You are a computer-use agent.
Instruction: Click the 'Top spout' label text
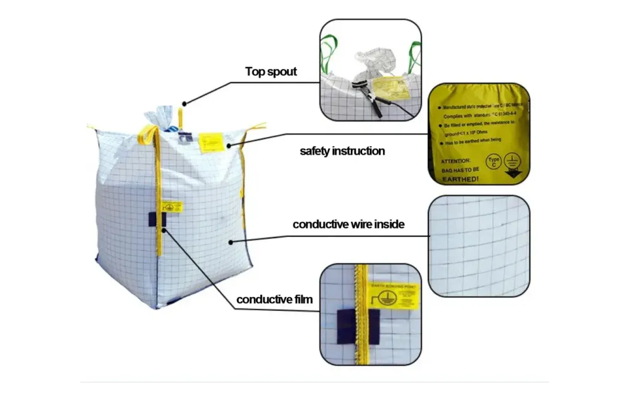pos(271,72)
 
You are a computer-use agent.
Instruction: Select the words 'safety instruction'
pos(342,151)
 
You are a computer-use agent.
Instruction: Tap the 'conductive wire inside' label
pos(348,225)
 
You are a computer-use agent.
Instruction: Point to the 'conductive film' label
pos(274,299)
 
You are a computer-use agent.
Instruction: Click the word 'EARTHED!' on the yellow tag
pos(460,178)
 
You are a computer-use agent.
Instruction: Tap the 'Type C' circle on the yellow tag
pos(493,163)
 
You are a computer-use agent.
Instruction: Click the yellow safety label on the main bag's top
pos(211,142)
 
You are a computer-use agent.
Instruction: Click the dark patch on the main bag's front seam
pos(157,218)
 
